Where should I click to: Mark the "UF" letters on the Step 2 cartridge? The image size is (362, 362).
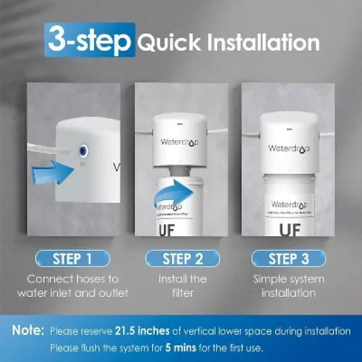(170, 231)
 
